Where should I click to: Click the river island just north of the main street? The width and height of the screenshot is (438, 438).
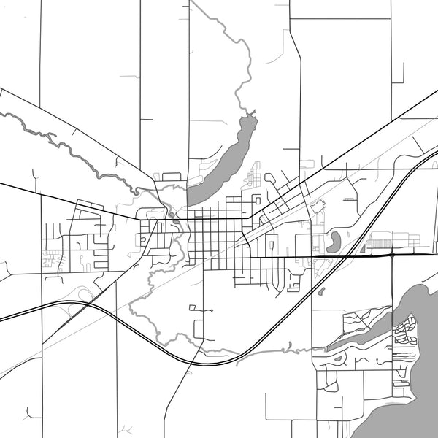coord(170,214)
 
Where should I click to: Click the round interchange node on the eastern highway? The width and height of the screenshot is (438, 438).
coord(393,255)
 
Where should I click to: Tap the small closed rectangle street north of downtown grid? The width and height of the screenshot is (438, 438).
coord(256,199)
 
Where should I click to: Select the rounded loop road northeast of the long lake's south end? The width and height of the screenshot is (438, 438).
coord(271,178)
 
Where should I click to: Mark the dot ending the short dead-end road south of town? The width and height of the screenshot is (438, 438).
coord(211,312)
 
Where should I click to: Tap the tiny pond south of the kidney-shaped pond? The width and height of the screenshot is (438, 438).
coord(321,291)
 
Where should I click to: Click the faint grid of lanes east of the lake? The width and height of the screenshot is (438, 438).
coord(255,176)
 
